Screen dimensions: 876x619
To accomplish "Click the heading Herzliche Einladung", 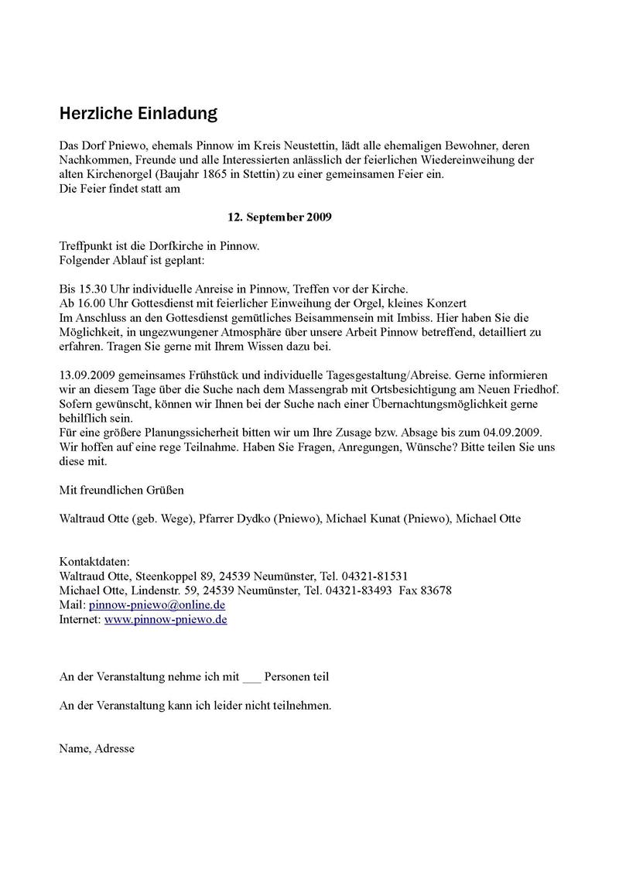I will click(139, 114).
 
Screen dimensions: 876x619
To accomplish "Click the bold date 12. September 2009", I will click(279, 217).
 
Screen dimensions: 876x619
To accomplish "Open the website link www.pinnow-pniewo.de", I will click(166, 619).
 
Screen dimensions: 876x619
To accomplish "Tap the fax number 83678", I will click(436, 590).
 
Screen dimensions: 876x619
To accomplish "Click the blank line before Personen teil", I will click(251, 677).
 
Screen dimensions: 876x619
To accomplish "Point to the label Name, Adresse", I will click(97, 749).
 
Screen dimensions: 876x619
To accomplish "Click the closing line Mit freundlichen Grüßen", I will click(121, 490).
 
